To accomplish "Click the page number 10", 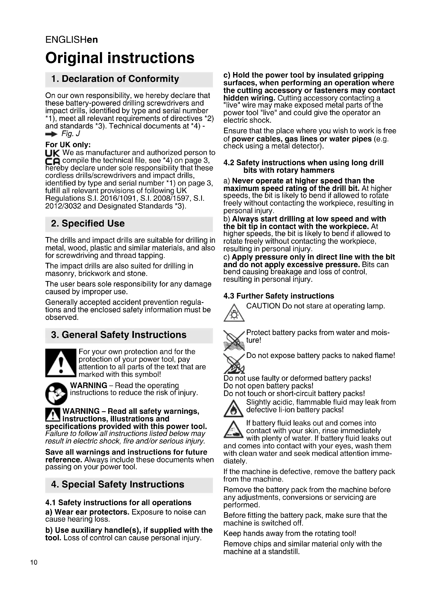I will (34, 562).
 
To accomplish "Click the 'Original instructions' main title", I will (120, 58).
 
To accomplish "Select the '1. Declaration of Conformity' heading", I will (115, 79).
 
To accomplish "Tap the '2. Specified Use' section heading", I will (88, 223).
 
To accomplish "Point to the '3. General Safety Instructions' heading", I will (118, 335).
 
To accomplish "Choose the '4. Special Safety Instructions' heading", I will (117, 484).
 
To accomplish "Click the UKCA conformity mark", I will (53, 157).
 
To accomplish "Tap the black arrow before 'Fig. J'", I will (51, 134).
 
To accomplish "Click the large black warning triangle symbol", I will (61, 363).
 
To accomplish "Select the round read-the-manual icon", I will (56, 394).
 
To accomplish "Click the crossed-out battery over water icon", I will (234, 340).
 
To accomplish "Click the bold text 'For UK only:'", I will (68, 145).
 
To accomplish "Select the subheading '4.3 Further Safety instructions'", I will (279, 296).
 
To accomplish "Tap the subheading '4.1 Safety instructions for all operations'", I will (118, 503).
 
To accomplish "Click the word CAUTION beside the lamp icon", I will (263, 306).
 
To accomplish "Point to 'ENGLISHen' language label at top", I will (72, 40).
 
